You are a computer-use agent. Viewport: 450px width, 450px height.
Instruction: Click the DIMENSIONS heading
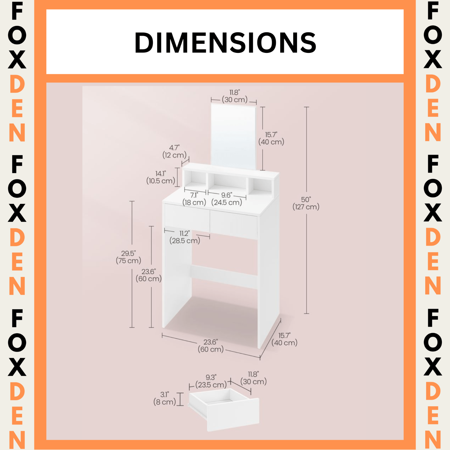(225, 42)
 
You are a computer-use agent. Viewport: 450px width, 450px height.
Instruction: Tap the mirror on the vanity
(233, 136)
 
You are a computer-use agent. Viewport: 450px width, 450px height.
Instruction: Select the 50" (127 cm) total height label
(306, 203)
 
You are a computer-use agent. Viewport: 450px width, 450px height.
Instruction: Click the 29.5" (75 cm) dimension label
(129, 257)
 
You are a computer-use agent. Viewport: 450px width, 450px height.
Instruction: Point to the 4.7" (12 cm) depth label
(174, 152)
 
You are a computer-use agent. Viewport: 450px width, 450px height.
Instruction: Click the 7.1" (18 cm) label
(194, 199)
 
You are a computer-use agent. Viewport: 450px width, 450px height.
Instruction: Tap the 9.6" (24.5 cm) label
(227, 199)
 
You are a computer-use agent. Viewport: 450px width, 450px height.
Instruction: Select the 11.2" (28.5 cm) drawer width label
(185, 237)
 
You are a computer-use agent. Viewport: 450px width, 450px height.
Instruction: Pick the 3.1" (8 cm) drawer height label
(165, 398)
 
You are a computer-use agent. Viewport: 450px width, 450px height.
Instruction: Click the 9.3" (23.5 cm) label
(211, 381)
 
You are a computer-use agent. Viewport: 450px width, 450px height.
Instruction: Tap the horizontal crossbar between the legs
(224, 277)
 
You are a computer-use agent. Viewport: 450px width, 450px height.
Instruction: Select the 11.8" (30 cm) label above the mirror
(235, 96)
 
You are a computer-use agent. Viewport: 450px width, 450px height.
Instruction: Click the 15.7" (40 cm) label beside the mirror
(271, 138)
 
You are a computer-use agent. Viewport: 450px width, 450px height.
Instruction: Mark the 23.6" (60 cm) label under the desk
(211, 346)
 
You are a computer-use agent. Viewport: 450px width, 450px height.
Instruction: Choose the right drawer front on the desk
(233, 225)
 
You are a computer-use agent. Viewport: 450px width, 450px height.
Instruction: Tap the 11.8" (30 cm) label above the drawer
(253, 378)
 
